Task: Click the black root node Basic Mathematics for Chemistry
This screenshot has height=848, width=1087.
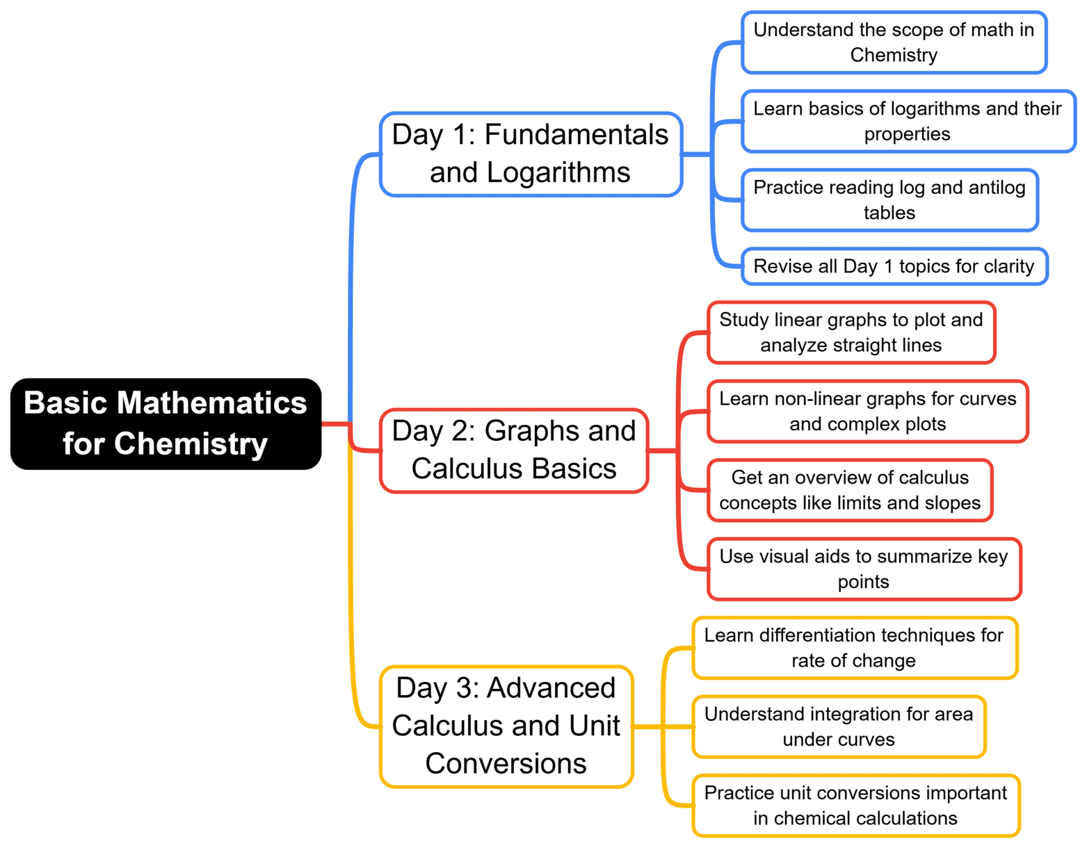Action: click(166, 423)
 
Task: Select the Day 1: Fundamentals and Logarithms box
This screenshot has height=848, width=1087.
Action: click(531, 154)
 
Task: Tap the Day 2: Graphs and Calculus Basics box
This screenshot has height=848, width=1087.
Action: click(514, 450)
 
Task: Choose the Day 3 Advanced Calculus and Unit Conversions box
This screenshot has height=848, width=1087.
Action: click(506, 726)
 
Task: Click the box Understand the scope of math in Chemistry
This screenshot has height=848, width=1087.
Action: click(894, 42)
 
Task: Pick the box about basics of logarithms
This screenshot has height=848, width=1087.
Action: click(908, 121)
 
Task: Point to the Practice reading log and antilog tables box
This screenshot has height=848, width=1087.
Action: click(889, 200)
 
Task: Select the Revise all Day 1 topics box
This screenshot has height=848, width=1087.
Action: click(894, 266)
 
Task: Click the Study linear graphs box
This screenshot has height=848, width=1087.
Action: click(851, 332)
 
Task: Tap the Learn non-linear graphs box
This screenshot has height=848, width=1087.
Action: click(867, 411)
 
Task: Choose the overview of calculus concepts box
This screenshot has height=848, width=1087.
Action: click(850, 490)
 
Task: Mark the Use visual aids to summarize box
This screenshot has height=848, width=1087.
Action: click(864, 569)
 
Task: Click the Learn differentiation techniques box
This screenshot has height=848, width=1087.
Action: click(854, 648)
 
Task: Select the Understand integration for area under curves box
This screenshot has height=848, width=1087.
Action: click(839, 726)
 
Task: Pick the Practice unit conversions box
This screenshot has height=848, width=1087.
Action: click(855, 806)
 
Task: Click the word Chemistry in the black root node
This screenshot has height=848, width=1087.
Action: click(191, 444)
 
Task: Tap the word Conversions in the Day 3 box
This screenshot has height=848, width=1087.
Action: click(506, 764)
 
